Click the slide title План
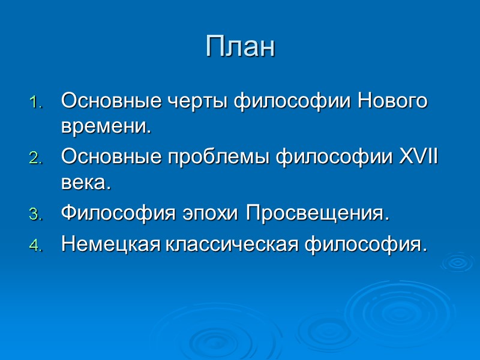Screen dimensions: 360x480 (x=240, y=47)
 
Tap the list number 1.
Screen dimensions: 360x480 (x=35, y=102)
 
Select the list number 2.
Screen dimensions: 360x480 (x=35, y=159)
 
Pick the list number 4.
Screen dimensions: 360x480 (x=35, y=245)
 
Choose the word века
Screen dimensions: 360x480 (x=85, y=184)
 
